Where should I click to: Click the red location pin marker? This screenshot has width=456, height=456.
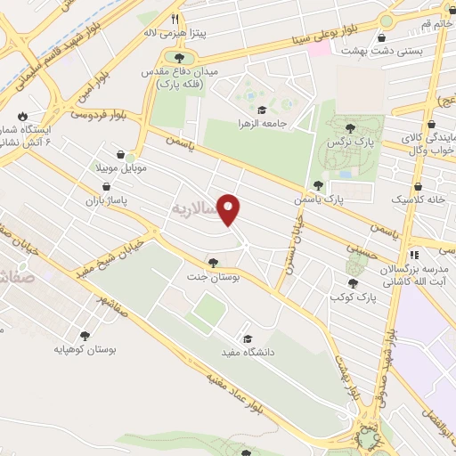[230, 209]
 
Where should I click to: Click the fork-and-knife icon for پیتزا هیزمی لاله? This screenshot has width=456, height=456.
[176, 19]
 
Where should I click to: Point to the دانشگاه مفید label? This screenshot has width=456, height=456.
[246, 353]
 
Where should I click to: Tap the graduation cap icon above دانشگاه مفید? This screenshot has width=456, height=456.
[246, 338]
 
